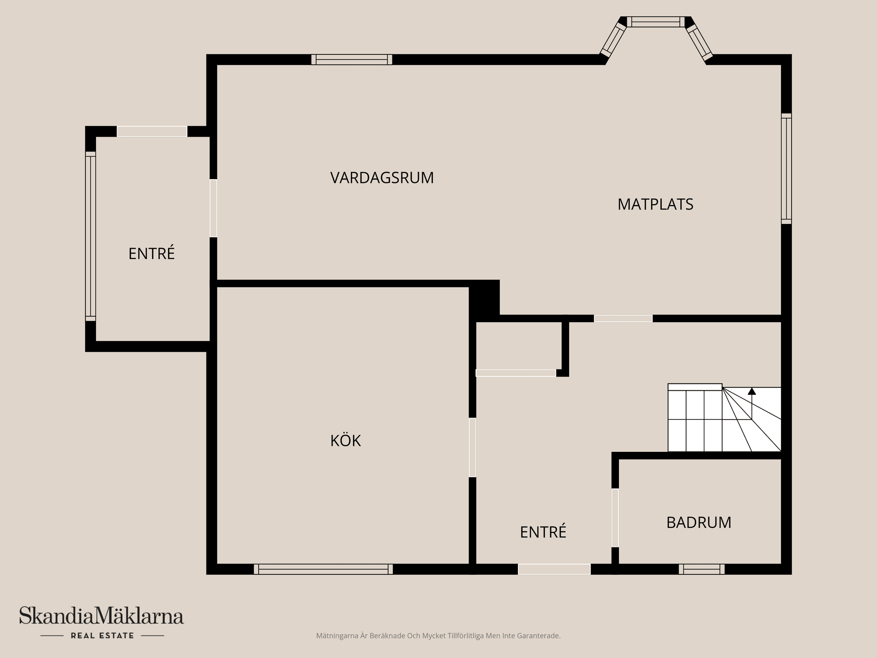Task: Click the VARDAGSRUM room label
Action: click(x=382, y=177)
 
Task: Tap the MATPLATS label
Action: click(x=655, y=204)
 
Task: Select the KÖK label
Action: click(x=345, y=440)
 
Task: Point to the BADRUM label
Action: click(x=698, y=522)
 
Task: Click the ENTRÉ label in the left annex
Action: click(x=151, y=254)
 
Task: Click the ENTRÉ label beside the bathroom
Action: click(x=543, y=532)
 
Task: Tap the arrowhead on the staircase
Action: click(x=751, y=391)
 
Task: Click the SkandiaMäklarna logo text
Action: click(x=101, y=616)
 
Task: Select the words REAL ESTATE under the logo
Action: click(x=102, y=636)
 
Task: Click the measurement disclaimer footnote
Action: click(x=438, y=636)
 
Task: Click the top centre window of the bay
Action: click(x=655, y=21)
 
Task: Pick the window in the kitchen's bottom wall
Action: click(x=323, y=569)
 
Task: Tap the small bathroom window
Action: click(x=701, y=569)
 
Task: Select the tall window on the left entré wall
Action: click(x=90, y=236)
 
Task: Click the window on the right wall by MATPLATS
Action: click(x=786, y=168)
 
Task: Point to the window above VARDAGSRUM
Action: click(x=351, y=59)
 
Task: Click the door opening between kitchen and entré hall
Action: click(x=472, y=447)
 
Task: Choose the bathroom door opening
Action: click(x=615, y=517)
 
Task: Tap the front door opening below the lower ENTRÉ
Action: click(x=554, y=569)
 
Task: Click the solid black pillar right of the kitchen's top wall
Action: click(x=484, y=298)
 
